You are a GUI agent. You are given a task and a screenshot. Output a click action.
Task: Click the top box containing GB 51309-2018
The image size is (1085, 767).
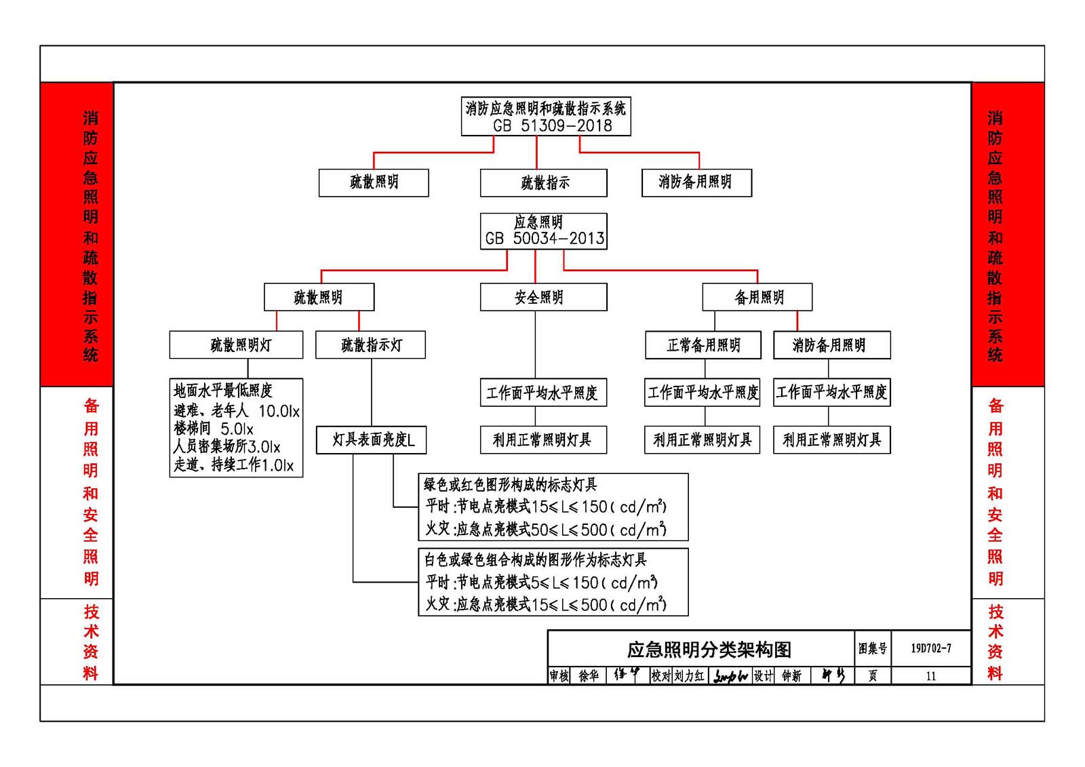coord(546,117)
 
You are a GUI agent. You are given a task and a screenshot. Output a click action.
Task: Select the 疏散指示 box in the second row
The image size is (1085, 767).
coord(543,182)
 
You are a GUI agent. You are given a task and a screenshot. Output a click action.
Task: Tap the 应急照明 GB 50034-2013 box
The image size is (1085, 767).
coord(543,231)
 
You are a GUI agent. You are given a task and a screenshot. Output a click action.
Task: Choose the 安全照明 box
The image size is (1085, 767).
coord(543,297)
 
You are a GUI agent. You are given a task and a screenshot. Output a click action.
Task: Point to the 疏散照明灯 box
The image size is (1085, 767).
coord(236,345)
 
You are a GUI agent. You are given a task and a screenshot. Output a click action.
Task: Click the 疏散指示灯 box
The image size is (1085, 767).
coord(370,345)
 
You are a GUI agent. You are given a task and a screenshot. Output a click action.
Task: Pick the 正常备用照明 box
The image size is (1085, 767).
coord(703,345)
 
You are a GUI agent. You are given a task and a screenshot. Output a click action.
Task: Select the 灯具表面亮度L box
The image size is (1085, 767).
coord(371,440)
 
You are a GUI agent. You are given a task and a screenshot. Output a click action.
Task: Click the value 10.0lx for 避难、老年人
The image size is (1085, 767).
coord(279,411)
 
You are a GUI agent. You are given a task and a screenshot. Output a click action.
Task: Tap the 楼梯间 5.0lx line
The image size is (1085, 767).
coord(214,429)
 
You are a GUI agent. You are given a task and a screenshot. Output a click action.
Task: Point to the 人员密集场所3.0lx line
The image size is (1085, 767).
coord(226,446)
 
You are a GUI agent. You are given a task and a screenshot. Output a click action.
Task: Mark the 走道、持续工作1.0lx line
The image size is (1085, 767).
coord(233,465)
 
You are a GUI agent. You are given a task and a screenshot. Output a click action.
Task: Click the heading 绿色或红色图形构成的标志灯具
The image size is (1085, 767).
coord(510,484)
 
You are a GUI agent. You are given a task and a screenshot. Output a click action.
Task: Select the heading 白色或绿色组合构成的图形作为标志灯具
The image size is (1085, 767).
coord(535,559)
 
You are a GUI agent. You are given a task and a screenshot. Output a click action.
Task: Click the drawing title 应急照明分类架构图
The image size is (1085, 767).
coord(709,650)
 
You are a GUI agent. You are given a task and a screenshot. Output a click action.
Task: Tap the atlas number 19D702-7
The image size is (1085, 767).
coord(930,648)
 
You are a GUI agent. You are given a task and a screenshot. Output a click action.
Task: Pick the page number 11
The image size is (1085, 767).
coord(930,676)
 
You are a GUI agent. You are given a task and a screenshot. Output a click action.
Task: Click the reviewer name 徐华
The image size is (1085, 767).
coord(589,676)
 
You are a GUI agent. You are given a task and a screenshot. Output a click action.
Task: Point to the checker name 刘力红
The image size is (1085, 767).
coord(689,676)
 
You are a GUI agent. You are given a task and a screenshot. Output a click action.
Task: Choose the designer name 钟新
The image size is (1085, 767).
coord(791,676)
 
